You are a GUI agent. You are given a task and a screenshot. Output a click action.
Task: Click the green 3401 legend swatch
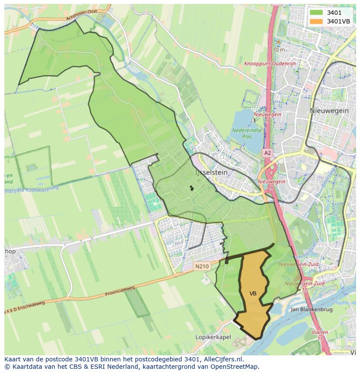316,13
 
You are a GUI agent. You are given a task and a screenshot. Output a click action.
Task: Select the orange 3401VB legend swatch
316,21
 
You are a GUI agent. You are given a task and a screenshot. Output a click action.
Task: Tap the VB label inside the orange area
253,294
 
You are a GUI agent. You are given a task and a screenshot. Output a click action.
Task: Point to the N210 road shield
202,266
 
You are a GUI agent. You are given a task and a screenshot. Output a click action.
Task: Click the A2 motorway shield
267,153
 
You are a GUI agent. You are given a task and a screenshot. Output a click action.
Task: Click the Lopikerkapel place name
213,337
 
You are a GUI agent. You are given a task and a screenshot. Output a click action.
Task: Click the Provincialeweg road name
120,291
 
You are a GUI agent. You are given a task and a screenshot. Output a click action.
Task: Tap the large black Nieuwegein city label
329,111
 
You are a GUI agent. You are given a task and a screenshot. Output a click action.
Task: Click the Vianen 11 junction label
320,335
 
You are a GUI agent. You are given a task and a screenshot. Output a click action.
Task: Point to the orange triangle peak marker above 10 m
278,42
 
